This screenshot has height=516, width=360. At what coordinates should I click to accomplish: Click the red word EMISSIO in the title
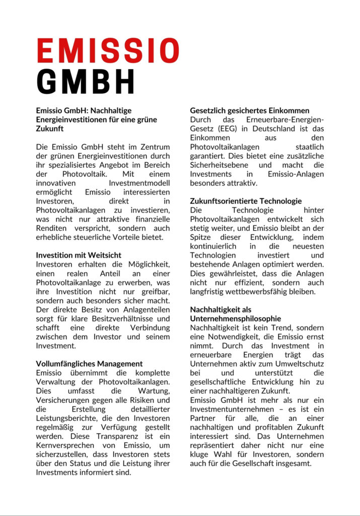pyautogui.click(x=108, y=51)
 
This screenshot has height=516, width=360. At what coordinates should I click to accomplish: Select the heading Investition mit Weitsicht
pyautogui.click(x=79, y=255)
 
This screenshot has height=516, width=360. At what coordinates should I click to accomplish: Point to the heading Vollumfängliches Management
pyautogui.click(x=89, y=363)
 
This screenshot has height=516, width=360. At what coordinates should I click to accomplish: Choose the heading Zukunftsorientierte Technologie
pyautogui.click(x=246, y=201)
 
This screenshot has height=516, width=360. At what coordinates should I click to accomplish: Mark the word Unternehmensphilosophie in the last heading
pyautogui.click(x=235, y=318)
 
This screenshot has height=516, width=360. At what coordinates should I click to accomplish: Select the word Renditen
pyautogui.click(x=51, y=228)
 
